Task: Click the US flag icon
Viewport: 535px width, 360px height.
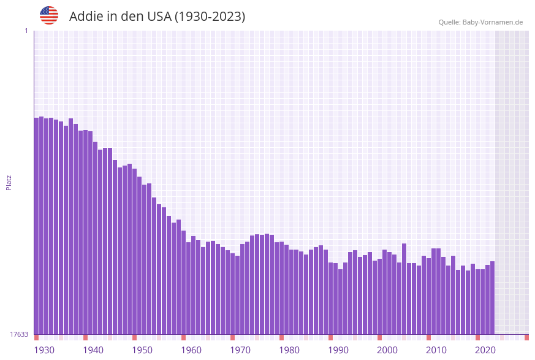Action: (x=49, y=15)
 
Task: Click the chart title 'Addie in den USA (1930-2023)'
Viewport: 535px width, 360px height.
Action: (x=157, y=17)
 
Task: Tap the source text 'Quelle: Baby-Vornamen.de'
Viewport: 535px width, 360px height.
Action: (x=480, y=22)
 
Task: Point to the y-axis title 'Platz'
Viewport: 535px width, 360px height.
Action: (x=9, y=182)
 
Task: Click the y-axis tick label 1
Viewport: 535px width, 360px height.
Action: (x=26, y=31)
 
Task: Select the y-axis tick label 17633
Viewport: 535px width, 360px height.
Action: (x=19, y=334)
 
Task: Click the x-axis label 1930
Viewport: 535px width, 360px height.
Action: (x=44, y=350)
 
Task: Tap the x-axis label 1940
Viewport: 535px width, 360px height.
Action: (x=93, y=350)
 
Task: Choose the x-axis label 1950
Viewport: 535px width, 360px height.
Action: (x=142, y=350)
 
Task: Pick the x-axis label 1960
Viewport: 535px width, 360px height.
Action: (x=191, y=350)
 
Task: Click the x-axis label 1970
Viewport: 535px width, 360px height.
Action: (x=240, y=350)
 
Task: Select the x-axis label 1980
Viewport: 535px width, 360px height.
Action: (x=289, y=350)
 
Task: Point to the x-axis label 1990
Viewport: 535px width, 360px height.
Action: (x=338, y=350)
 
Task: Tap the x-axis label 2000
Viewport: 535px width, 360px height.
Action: (x=387, y=350)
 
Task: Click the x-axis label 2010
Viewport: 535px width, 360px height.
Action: (x=436, y=350)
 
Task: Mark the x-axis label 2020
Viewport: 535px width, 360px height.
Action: (x=485, y=350)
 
